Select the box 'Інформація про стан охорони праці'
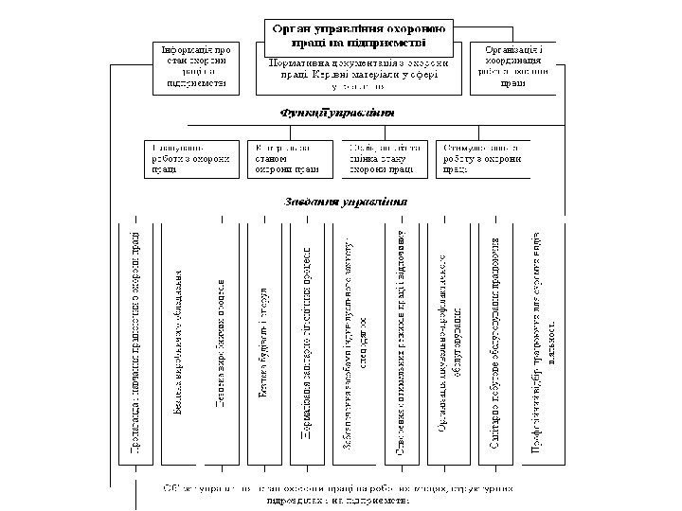tap(194, 65)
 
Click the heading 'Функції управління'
tap(336, 113)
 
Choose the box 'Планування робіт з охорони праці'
tap(193, 159)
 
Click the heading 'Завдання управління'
tap(347, 202)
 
